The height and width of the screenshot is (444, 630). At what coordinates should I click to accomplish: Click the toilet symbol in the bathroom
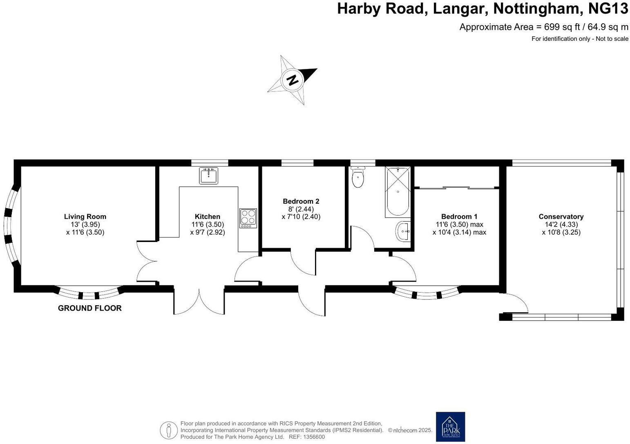click(x=358, y=177)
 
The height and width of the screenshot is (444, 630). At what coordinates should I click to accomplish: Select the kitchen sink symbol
click(x=209, y=175)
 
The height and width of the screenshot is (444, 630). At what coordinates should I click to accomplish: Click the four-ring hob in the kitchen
click(x=248, y=218)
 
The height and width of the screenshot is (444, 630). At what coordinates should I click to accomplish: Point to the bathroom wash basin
click(x=403, y=232)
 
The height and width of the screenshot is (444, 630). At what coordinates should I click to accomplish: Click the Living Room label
click(x=85, y=217)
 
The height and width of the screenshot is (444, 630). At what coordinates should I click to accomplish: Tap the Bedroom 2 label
click(x=301, y=201)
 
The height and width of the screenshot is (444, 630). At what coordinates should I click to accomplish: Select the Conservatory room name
click(x=561, y=217)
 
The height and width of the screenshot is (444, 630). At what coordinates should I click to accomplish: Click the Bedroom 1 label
click(x=459, y=217)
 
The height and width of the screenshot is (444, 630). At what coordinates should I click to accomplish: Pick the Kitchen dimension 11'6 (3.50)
click(x=208, y=224)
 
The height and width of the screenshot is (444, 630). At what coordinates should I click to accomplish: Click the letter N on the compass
click(x=293, y=80)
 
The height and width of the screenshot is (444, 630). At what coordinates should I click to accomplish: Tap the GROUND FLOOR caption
click(x=90, y=308)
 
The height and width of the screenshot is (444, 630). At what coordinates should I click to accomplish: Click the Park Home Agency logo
click(x=450, y=426)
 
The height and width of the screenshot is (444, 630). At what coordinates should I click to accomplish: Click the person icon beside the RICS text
click(x=168, y=430)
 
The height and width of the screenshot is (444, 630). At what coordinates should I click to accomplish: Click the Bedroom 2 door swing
click(x=303, y=263)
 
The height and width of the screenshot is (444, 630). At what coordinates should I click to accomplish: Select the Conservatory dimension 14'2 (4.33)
click(x=561, y=224)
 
